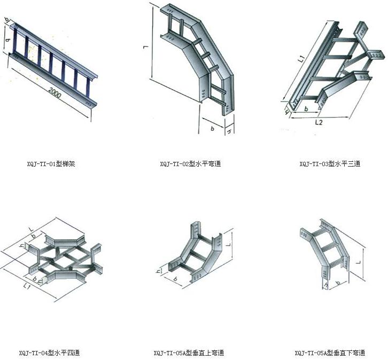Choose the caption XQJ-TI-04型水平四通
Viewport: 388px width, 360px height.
click(x=49, y=353)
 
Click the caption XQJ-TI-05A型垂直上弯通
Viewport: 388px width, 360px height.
click(x=188, y=353)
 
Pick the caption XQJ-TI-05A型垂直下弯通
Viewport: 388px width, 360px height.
click(x=330, y=353)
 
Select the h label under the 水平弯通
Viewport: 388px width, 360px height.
click(x=229, y=130)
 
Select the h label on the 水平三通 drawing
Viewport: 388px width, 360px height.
click(x=286, y=113)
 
